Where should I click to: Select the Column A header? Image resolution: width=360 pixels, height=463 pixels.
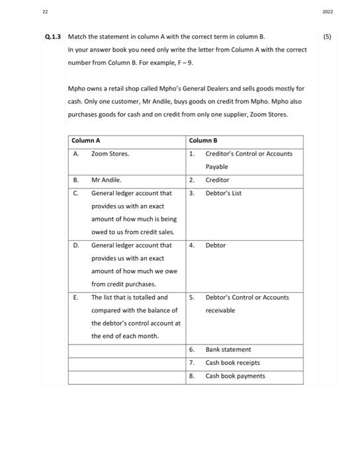click(85, 140)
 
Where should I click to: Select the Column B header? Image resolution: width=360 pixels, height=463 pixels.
click(202, 140)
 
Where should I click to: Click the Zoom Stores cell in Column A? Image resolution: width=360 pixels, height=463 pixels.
click(110, 153)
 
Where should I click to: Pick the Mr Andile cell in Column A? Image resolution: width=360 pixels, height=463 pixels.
click(106, 180)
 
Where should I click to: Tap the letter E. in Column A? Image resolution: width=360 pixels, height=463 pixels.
click(76, 297)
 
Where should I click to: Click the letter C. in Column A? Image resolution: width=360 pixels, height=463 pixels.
click(76, 193)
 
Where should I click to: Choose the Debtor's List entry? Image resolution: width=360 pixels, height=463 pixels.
click(222, 193)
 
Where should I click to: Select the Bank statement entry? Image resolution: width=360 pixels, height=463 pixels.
click(228, 349)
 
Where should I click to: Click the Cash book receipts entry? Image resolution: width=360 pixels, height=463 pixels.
click(232, 362)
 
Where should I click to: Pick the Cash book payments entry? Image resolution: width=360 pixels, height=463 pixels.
click(235, 376)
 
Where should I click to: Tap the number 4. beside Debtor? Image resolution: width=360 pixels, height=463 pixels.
click(191, 245)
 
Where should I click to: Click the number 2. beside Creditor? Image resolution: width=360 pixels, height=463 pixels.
click(191, 180)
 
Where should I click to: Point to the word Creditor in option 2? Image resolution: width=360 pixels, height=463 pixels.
click(217, 180)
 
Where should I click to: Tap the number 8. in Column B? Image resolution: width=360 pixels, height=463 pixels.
click(191, 376)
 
